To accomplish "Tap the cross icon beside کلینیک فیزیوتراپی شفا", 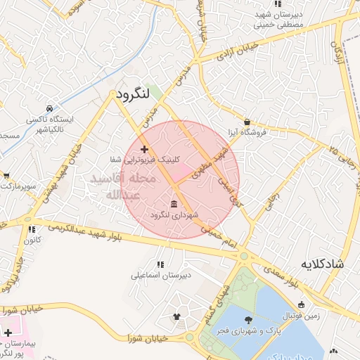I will [x=144, y=149].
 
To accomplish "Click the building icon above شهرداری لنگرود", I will [x=174, y=203].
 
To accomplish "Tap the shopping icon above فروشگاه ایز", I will [x=247, y=122].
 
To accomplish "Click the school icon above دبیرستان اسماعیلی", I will [x=161, y=265].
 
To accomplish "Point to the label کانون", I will [x=31, y=240].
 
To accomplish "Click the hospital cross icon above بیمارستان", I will [x=8, y=333].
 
